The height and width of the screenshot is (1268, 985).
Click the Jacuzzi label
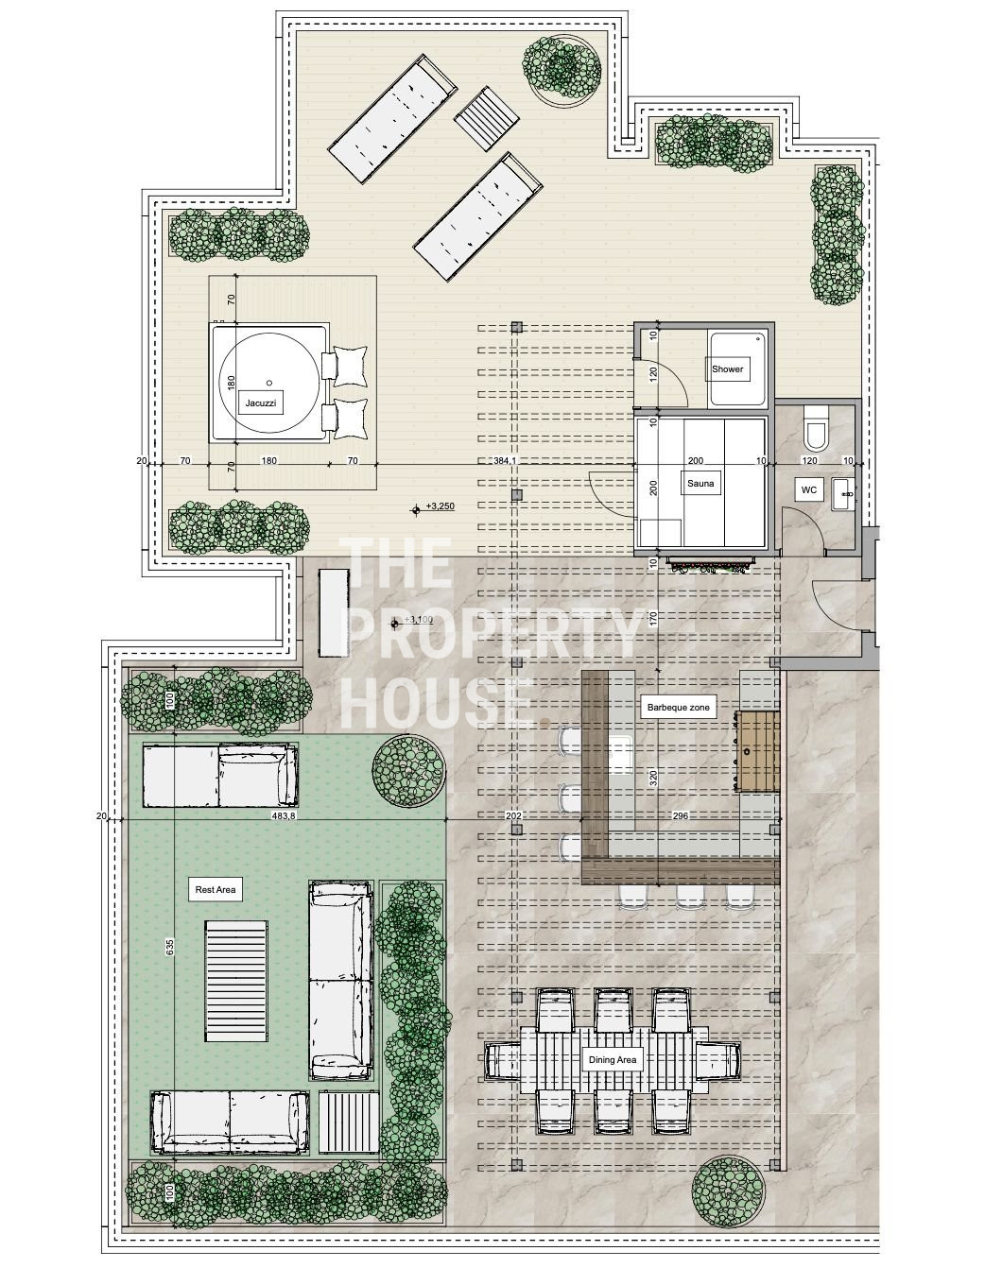coord(261,403)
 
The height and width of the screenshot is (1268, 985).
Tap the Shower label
coord(727,368)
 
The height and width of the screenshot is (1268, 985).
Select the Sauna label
coord(700,483)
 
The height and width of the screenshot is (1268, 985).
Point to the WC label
coord(809,490)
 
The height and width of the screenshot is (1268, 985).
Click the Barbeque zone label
coord(678,708)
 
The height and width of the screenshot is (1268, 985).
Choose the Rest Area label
coord(216,889)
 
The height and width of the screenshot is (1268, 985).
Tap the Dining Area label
coord(613,1060)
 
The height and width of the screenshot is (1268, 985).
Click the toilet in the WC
coord(815,428)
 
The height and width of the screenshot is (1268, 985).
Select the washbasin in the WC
coord(843,493)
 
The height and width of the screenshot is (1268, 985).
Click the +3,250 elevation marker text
coord(440,506)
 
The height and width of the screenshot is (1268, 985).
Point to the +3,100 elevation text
coord(419,619)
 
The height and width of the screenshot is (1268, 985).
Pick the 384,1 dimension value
coord(505,460)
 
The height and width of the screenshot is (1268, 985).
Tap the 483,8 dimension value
coord(285,815)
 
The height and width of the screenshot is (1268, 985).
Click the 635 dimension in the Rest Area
coord(170,946)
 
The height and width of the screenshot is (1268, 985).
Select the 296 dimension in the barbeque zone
coord(681,815)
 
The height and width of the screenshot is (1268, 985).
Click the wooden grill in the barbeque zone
coord(757,751)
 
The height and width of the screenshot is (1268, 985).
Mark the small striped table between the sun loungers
coord(487,119)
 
